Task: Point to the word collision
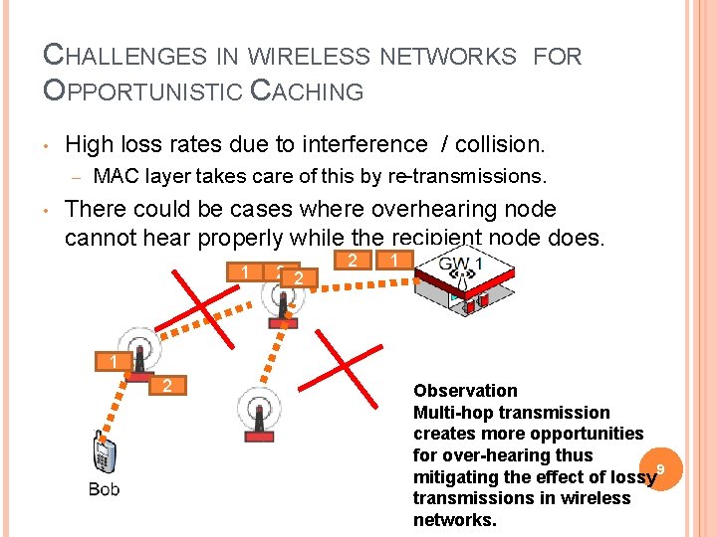(x=500, y=145)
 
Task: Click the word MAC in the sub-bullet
(x=113, y=178)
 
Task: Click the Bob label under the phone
(x=105, y=488)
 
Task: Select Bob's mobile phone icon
(x=103, y=454)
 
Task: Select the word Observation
(x=465, y=391)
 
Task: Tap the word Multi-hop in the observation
(x=453, y=413)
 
